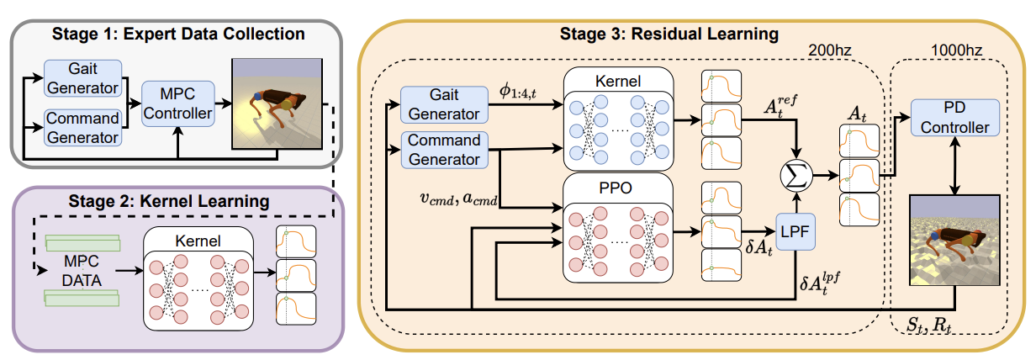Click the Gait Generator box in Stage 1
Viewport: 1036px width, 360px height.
(82, 78)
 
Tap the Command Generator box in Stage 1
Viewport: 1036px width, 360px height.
(82, 126)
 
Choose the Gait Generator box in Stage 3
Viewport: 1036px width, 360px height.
(443, 103)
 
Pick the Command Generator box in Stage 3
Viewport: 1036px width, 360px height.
(443, 149)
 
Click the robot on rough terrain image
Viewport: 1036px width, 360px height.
(955, 240)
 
